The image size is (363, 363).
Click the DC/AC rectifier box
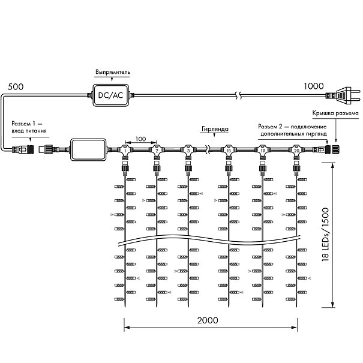point(110,94)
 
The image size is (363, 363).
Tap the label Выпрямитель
point(112,72)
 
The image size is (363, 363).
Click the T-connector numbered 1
point(125,148)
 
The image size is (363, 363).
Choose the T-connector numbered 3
point(188,148)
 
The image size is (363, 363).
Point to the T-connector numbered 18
point(229,148)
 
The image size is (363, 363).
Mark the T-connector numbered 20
point(296,148)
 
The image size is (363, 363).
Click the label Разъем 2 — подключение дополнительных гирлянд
point(292,130)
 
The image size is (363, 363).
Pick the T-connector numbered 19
point(262,148)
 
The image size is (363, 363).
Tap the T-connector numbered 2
point(157,148)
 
